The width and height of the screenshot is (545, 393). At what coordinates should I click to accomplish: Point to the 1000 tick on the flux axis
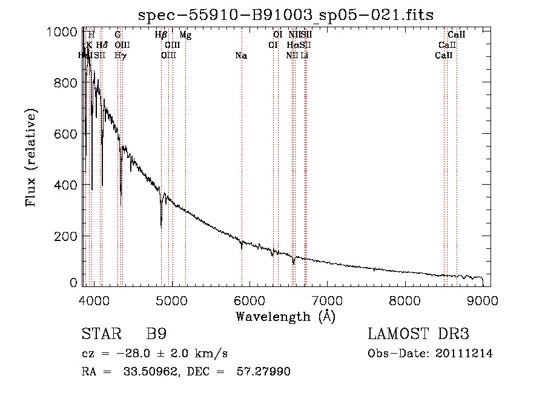pos(63,31)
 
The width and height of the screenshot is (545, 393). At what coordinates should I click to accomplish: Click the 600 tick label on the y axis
pos(63,134)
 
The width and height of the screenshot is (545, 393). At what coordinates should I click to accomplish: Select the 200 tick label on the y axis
pos(63,236)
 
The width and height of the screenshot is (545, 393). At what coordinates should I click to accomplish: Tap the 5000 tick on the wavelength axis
pos(172,300)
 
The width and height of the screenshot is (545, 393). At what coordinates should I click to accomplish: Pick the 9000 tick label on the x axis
pos(483,300)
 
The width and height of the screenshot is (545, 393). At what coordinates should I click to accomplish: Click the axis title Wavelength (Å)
pos(285,316)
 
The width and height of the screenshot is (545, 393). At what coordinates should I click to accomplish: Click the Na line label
pos(241,56)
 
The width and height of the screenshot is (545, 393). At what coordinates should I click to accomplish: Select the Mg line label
pos(185,35)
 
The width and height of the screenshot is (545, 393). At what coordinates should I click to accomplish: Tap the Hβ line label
pos(160,35)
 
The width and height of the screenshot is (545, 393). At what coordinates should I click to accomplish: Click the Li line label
pos(305,56)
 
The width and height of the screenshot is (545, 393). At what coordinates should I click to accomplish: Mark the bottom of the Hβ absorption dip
pos(161,225)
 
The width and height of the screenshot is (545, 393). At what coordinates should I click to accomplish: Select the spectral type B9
pos(156,334)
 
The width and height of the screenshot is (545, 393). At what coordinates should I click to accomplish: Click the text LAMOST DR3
pos(418,334)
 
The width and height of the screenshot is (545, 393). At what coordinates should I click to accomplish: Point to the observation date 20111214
pos(463,354)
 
